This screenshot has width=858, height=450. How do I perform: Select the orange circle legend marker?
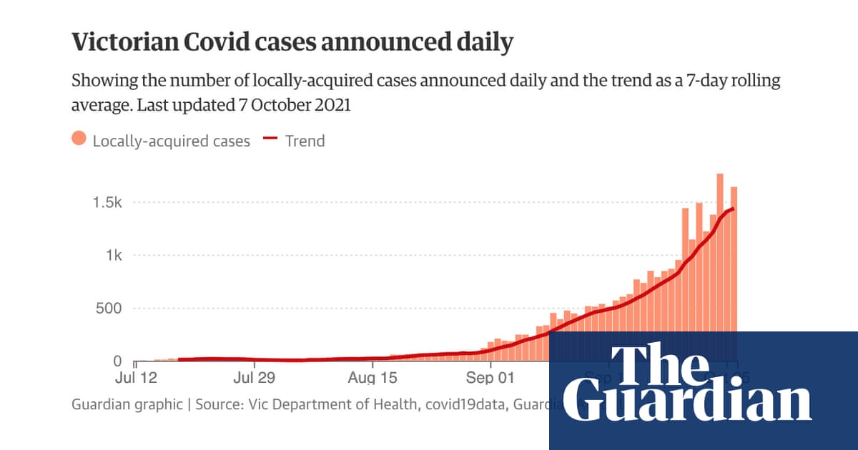coord(79,140)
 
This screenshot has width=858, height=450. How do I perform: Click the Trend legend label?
coord(305,141)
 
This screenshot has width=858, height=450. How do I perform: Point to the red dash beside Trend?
coord(270,141)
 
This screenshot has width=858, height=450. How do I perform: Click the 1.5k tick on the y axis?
coord(107,203)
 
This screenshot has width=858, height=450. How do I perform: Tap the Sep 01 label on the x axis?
coord(490,377)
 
